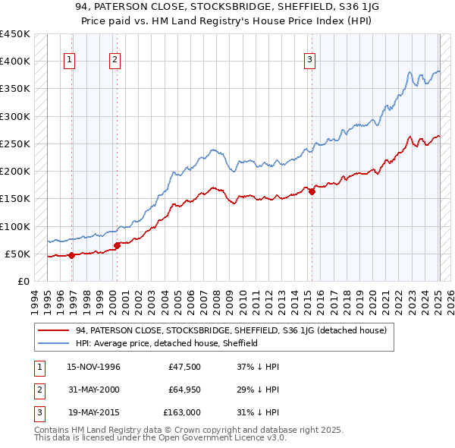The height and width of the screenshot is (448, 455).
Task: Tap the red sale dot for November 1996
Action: point(71,255)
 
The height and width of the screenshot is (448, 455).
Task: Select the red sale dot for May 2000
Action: point(118,245)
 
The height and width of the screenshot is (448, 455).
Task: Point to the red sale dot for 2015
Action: point(312,191)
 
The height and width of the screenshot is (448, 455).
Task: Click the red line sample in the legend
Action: point(54,330)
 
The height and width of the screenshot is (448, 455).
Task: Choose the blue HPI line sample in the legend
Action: point(54,343)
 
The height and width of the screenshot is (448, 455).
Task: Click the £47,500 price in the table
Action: point(185,367)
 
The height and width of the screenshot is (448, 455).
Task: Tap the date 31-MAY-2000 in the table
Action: point(94,390)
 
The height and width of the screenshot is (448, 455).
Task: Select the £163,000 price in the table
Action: point(183,412)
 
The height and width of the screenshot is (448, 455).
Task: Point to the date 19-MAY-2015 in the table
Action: point(94,412)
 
